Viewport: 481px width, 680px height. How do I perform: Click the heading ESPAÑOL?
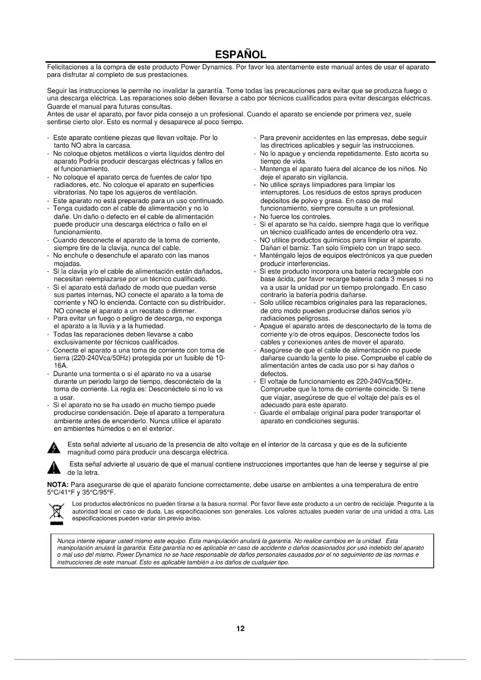(x=240, y=54)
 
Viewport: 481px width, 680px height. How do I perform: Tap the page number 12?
(x=240, y=628)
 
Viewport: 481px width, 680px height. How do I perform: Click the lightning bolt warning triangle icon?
(x=54, y=448)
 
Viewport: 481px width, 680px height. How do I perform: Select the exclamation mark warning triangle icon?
(x=54, y=468)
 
